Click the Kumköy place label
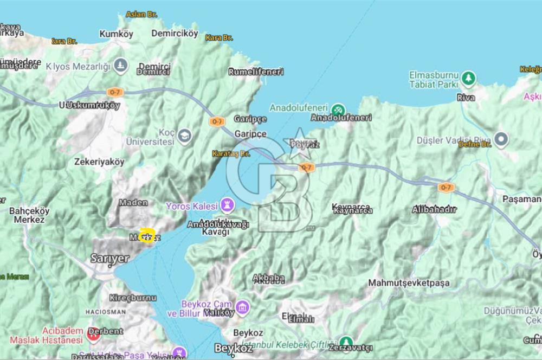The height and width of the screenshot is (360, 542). coord(116,34)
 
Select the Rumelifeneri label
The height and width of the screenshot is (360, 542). coord(256,72)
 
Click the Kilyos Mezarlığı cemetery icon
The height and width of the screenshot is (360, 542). coord(121,66)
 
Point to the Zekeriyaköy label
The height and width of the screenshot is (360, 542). coord(99,162)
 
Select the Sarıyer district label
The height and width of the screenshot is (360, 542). coord(110,258)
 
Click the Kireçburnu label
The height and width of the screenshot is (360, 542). coord(133,298)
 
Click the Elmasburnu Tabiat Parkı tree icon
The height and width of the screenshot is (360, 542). coord(468,79)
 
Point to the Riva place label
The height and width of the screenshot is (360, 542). coord(466,98)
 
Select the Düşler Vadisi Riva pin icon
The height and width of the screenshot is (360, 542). coord(501,139)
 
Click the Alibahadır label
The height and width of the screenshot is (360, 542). coord(434,209)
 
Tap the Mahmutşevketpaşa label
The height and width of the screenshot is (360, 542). coord(409,282)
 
